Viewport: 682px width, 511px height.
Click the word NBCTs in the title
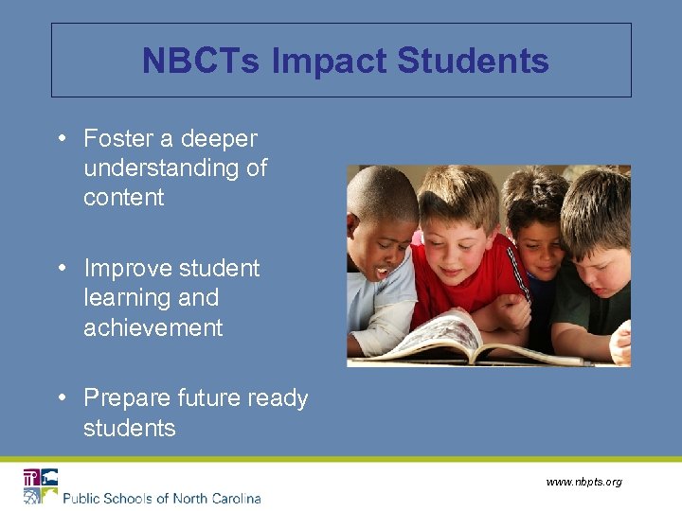pyautogui.click(x=203, y=62)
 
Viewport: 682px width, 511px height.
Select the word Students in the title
pyautogui.click(x=473, y=62)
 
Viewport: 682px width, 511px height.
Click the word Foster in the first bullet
pyautogui.click(x=118, y=139)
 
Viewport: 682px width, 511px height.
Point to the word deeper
pyautogui.click(x=219, y=139)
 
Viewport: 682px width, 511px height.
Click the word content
pyautogui.click(x=124, y=198)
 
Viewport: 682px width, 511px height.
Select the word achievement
pyautogui.click(x=153, y=328)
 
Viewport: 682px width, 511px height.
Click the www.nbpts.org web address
pyautogui.click(x=583, y=483)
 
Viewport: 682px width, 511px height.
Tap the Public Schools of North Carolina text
pyautogui.click(x=162, y=498)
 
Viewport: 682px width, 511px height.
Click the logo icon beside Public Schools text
pyautogui.click(x=41, y=485)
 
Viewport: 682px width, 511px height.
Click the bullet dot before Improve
pyautogui.click(x=61, y=268)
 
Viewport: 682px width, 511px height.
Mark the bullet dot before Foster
pyautogui.click(x=61, y=138)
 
